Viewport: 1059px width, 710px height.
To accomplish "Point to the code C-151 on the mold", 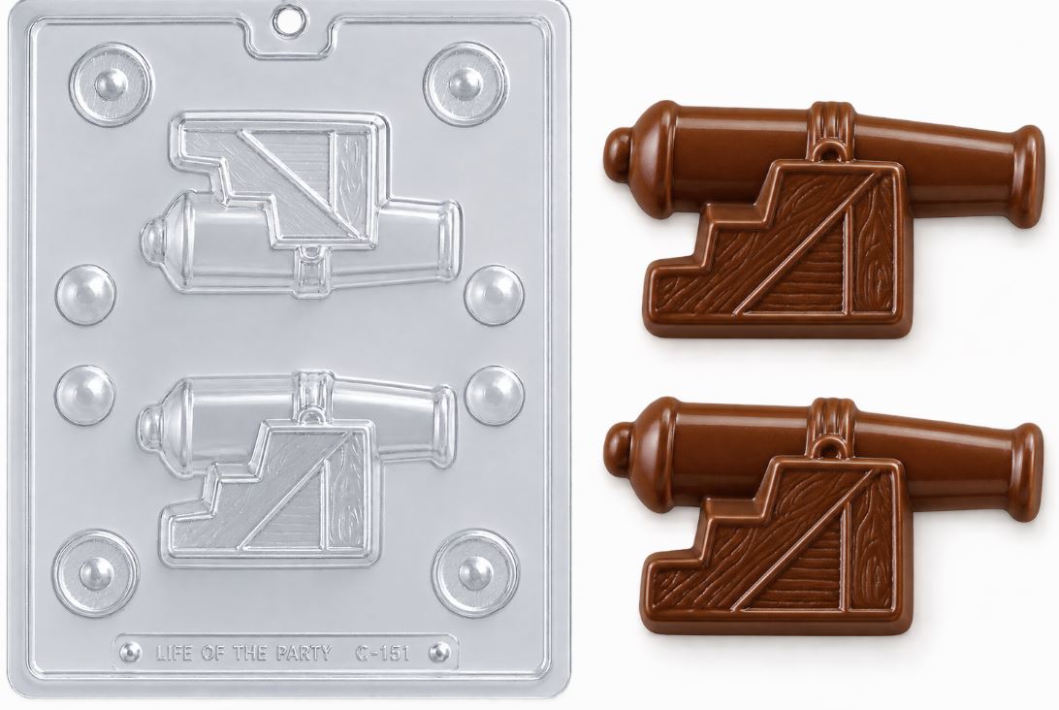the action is (x=381, y=653).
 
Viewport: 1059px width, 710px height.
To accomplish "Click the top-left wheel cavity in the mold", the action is (x=111, y=84).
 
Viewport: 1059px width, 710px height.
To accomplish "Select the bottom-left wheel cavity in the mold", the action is (x=97, y=573).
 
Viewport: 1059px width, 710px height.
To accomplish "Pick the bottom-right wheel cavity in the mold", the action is (x=475, y=572).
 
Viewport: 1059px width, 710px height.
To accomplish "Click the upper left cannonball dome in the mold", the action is (x=85, y=295).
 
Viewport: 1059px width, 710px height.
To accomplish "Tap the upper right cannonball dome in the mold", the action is (x=495, y=295).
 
